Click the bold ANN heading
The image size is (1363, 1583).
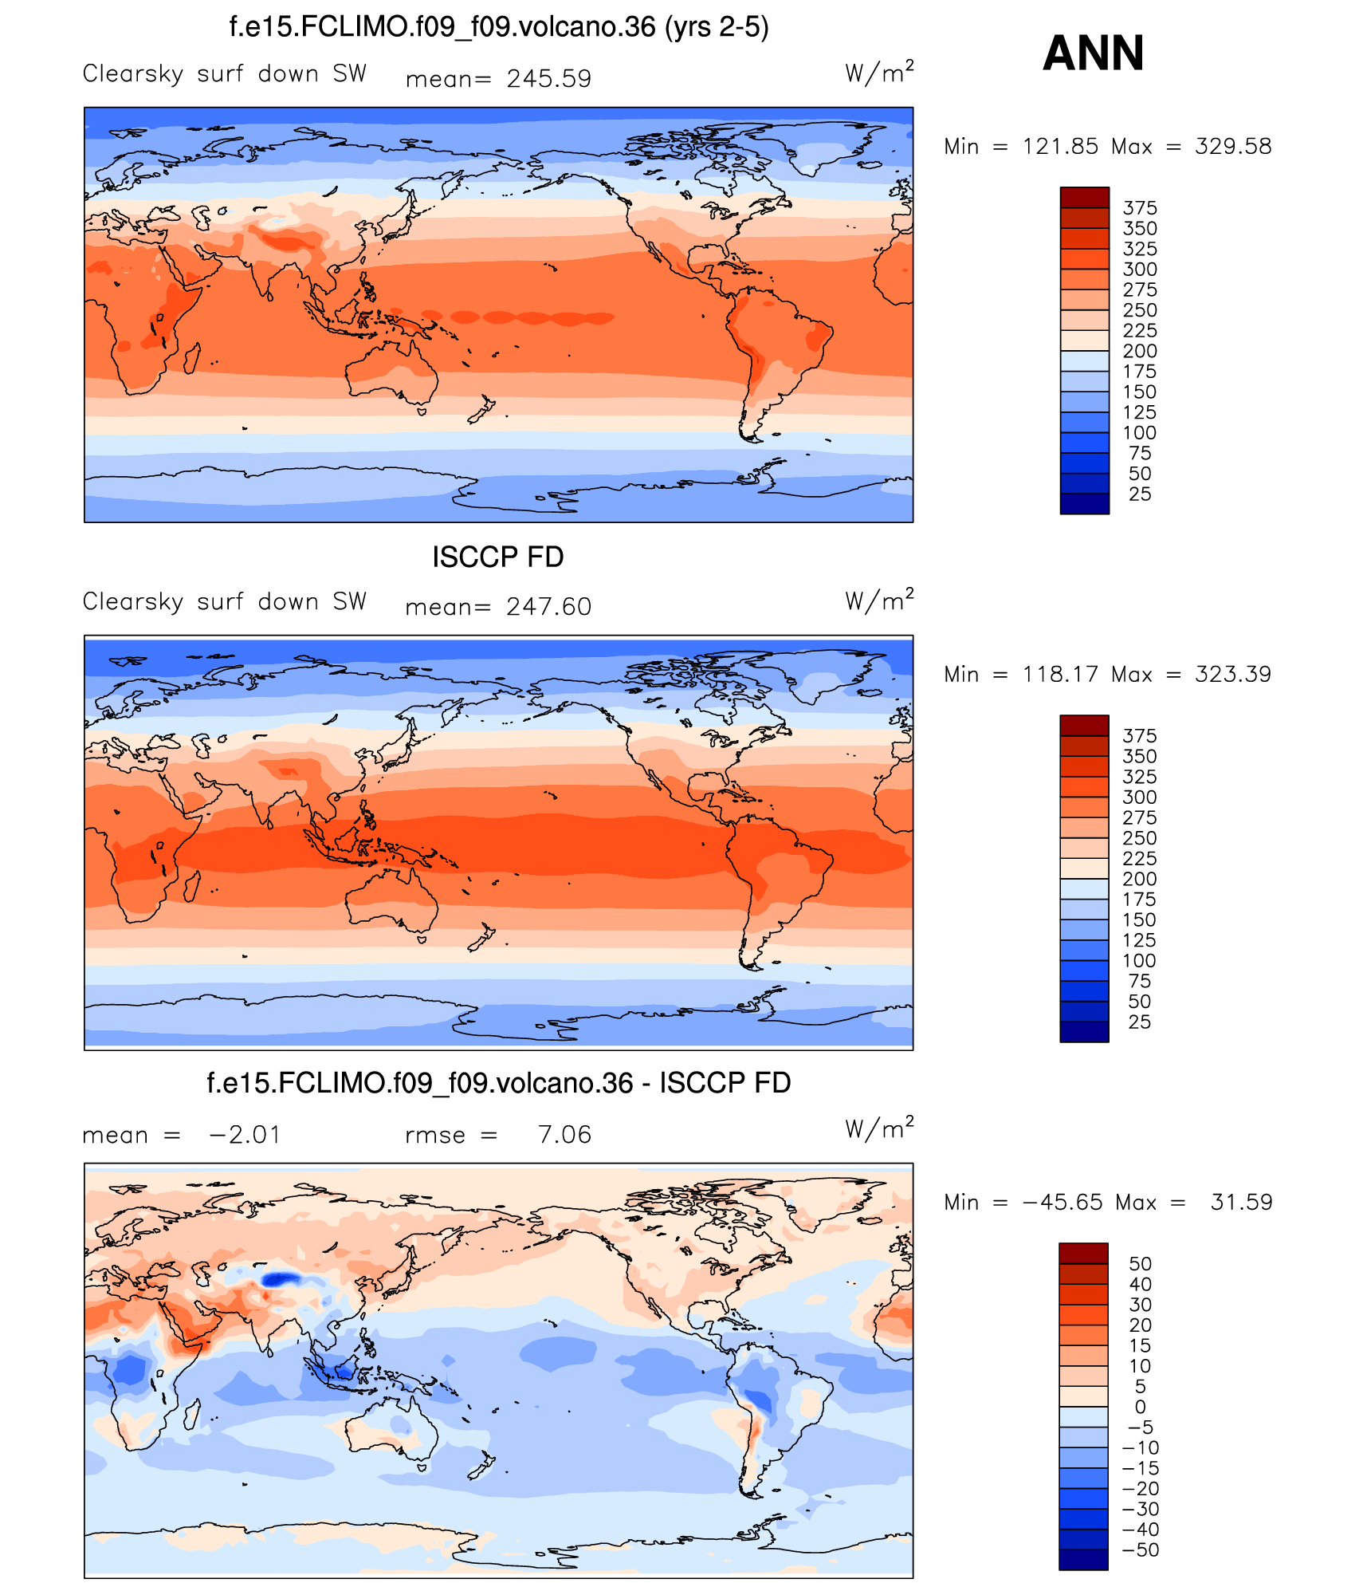click(1093, 53)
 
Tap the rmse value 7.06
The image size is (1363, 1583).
click(564, 1135)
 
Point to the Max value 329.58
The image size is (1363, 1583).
click(1232, 147)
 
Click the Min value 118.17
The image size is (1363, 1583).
click(1060, 675)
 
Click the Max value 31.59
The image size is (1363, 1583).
click(1241, 1203)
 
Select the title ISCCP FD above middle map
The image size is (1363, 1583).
click(498, 557)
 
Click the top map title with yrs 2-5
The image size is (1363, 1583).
click(499, 28)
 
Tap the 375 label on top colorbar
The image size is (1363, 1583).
click(1140, 208)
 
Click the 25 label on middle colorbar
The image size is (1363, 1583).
click(1140, 1022)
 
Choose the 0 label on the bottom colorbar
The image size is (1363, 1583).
click(1140, 1408)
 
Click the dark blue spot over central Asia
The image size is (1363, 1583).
click(280, 1280)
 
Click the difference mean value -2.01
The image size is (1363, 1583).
click(245, 1135)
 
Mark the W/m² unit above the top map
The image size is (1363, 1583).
click(878, 73)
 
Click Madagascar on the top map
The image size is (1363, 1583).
click(192, 358)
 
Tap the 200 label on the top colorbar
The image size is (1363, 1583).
click(1140, 351)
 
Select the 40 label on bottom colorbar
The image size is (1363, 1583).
click(1140, 1285)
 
